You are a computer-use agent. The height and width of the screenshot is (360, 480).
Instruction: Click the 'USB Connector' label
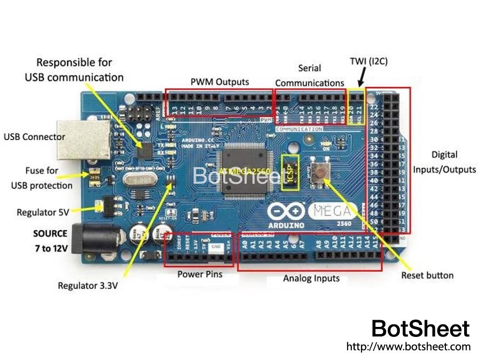[x=35, y=137]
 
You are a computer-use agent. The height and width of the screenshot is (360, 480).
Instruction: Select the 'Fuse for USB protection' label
[x=42, y=178]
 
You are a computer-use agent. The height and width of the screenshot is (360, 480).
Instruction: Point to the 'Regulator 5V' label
[x=44, y=212]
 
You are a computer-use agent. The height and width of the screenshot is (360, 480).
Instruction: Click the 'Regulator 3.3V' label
[x=88, y=286]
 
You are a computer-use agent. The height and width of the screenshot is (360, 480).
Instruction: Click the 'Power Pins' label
[x=200, y=275]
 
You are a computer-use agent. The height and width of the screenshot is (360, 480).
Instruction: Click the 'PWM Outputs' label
[x=220, y=82]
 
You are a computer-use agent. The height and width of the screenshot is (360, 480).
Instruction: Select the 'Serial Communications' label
[x=310, y=75]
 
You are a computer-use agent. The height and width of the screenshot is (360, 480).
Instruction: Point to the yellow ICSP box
[x=290, y=172]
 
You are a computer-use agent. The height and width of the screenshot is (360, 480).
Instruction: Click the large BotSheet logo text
[x=420, y=329]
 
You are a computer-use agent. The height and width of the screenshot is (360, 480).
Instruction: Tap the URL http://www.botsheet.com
[x=408, y=347]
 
